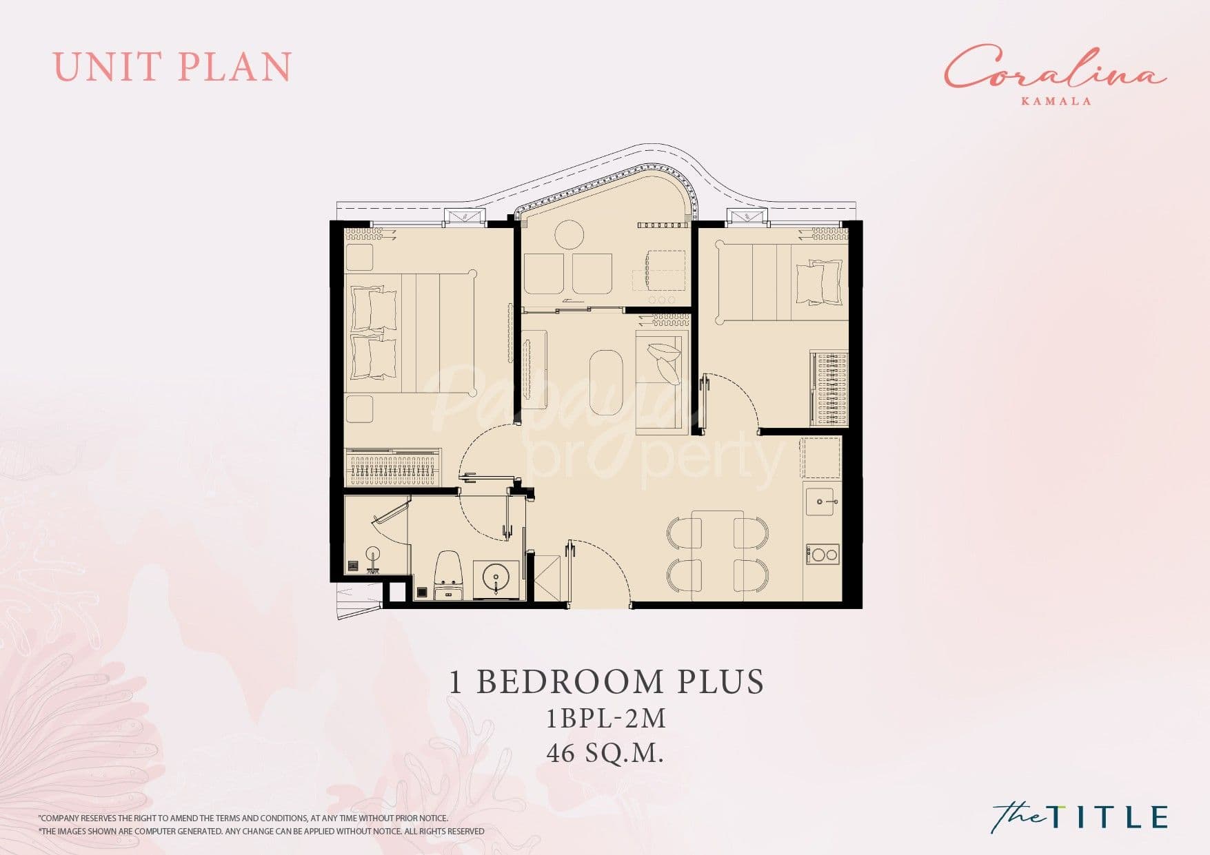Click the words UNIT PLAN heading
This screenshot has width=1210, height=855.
[x=172, y=67]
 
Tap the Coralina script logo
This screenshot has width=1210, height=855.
[x=1055, y=68]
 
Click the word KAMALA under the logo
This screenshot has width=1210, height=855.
[x=1056, y=101]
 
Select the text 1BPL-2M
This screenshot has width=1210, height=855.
[x=606, y=719]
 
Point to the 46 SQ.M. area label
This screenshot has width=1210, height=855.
[x=605, y=753]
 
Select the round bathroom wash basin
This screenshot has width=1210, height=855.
[x=496, y=578]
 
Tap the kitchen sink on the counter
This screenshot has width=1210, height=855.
[x=823, y=501]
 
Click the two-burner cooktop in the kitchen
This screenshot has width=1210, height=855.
[x=823, y=553]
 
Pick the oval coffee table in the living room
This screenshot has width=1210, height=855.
[x=607, y=382]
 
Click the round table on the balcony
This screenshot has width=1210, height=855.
[x=570, y=234]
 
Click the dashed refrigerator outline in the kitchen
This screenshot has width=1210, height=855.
[x=820, y=457]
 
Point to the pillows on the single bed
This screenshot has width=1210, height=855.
[x=819, y=282]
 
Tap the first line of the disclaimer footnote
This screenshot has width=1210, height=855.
[x=243, y=818]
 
